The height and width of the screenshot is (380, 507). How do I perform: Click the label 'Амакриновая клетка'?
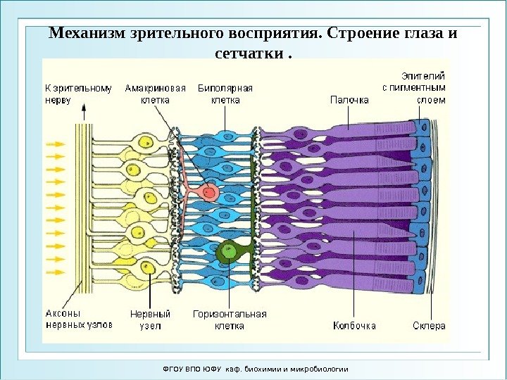point(155,94)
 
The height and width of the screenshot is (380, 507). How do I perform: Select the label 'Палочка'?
point(349,100)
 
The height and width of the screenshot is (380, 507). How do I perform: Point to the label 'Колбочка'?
point(354,326)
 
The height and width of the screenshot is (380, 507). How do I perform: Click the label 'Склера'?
point(429,326)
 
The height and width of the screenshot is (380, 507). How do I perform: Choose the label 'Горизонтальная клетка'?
point(230,320)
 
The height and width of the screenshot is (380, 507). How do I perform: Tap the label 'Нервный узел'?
point(151,320)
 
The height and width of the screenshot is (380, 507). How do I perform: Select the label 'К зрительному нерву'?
point(78,94)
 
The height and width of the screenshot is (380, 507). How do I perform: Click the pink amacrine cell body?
point(208,191)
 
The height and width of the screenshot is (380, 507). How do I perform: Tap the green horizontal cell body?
point(228,249)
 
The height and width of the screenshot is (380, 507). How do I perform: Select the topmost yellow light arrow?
point(55,144)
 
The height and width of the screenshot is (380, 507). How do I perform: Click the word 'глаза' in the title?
point(421,34)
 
